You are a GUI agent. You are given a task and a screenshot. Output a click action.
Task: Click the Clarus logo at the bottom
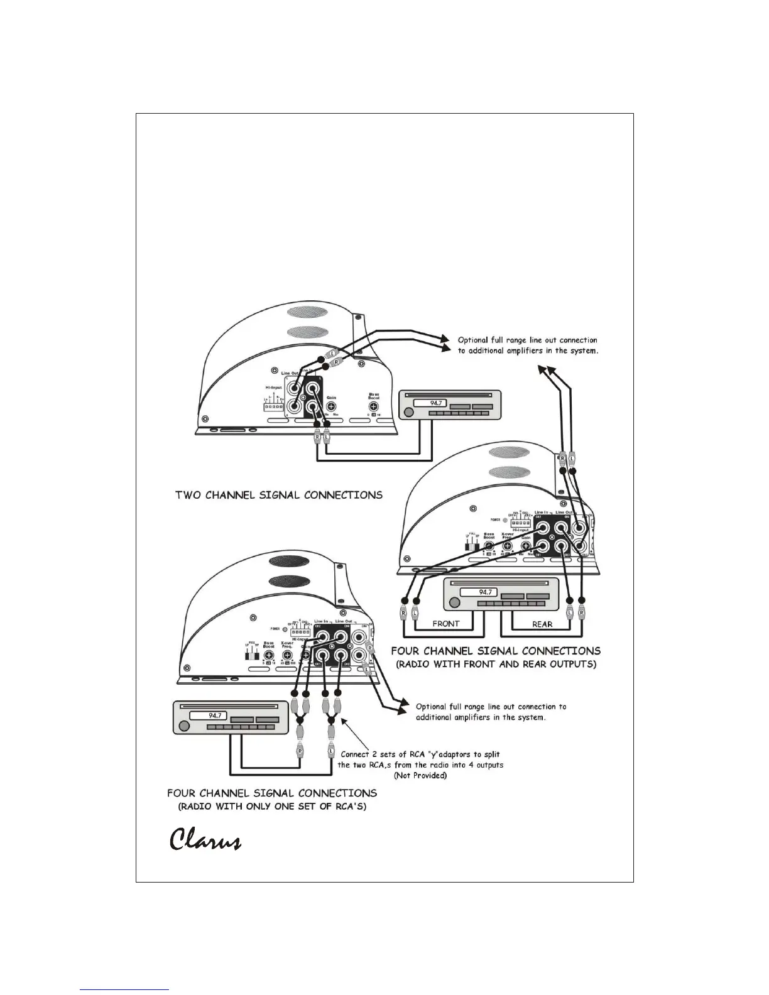(x=205, y=840)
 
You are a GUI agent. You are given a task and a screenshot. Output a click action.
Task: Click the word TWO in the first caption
(x=188, y=495)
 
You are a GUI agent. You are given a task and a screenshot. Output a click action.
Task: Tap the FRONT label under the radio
(x=445, y=624)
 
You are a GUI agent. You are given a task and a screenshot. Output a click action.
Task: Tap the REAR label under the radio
(x=542, y=624)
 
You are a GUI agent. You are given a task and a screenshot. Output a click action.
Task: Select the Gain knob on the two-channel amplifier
(x=331, y=406)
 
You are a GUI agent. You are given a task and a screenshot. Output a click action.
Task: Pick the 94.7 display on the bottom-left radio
(x=215, y=715)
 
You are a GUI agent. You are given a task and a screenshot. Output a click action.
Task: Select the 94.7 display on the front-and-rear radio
(x=486, y=592)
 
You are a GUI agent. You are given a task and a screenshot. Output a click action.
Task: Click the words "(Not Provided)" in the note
(x=420, y=776)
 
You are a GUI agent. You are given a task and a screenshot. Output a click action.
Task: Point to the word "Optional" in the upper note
(x=474, y=340)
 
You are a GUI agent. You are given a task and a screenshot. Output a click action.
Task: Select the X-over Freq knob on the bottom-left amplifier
(x=288, y=653)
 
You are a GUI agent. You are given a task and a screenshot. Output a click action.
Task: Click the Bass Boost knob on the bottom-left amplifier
(x=269, y=653)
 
